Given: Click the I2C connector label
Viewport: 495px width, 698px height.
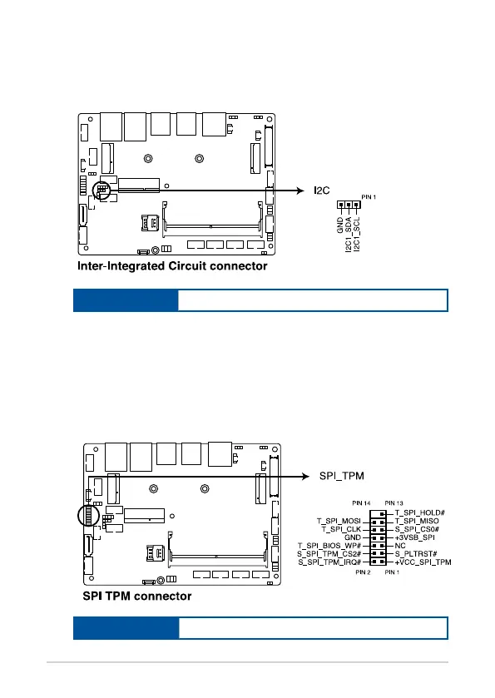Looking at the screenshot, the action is click(x=322, y=191).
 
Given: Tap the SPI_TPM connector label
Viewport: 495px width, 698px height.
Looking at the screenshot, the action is click(x=341, y=476).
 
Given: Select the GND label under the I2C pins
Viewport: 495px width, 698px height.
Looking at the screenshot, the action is click(x=340, y=225).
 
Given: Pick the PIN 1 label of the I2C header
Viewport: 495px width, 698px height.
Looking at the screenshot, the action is click(x=369, y=197).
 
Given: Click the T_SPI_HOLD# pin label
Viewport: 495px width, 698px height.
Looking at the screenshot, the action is click(x=420, y=512).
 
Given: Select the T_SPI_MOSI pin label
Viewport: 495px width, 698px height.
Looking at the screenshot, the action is click(x=339, y=521).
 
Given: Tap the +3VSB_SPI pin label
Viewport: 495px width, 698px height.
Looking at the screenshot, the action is click(x=415, y=537).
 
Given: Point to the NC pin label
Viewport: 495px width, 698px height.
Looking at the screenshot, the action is click(x=400, y=545).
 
